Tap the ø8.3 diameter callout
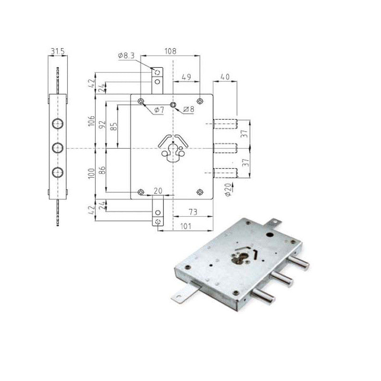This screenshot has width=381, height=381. coord(126,56)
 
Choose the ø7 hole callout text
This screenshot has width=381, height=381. coord(160,110)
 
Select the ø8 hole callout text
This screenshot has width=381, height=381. coord(189,110)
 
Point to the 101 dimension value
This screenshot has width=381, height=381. coord(185,227)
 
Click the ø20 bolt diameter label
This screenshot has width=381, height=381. coord(227,189)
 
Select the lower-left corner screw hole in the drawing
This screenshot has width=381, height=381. coord(140,192)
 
